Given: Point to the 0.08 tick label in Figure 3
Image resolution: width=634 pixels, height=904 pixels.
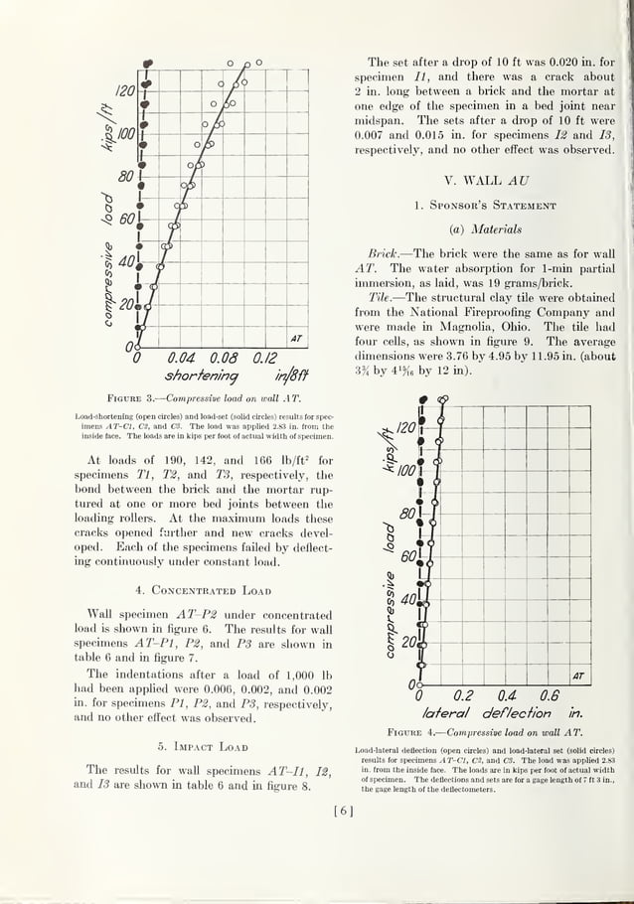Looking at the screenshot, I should coord(228,359).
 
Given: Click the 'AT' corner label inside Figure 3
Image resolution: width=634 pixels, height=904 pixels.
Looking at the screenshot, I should coord(296,340).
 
